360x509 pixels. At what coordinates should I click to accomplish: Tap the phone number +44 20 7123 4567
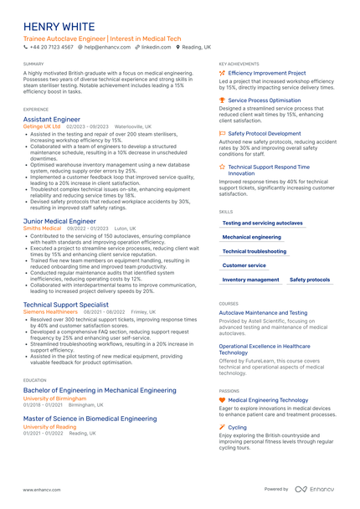[x=52, y=48]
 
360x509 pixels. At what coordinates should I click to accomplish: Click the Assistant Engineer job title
[x=52, y=120]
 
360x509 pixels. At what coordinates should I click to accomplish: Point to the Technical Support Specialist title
[x=66, y=305]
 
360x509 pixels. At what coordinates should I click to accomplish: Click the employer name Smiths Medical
[x=43, y=229]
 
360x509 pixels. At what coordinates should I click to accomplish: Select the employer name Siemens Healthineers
[x=50, y=311]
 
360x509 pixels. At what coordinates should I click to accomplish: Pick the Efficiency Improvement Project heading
[x=267, y=73]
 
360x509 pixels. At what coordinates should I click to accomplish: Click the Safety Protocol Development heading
[x=264, y=133]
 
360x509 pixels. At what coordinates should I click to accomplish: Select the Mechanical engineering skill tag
[x=252, y=237]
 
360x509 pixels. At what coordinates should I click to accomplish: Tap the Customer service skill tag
[x=244, y=265]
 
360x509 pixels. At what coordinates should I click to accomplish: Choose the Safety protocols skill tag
[x=310, y=280]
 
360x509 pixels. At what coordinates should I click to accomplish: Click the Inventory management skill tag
[x=251, y=280]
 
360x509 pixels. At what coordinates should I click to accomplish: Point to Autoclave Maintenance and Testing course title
[x=263, y=312]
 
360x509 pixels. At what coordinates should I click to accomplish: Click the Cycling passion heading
[x=237, y=427]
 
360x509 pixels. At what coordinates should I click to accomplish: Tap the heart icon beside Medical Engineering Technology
[x=222, y=400]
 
